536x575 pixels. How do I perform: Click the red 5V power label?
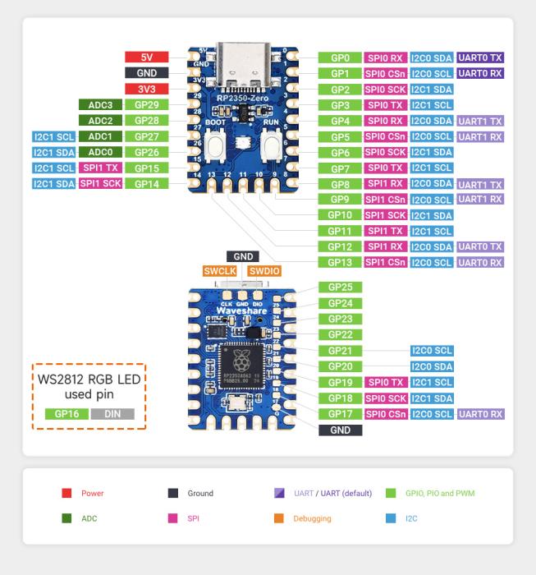click(x=147, y=57)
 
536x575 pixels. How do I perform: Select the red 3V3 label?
click(x=147, y=89)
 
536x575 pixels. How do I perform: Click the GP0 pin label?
click(x=339, y=57)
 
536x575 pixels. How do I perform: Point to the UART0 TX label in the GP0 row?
click(x=480, y=57)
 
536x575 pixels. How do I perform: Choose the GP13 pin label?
click(x=339, y=262)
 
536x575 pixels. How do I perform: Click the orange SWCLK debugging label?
click(x=221, y=270)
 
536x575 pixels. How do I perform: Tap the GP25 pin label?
click(x=339, y=287)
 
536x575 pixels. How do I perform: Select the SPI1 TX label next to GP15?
click(x=101, y=168)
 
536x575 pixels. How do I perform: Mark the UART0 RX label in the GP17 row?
click(x=480, y=413)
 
